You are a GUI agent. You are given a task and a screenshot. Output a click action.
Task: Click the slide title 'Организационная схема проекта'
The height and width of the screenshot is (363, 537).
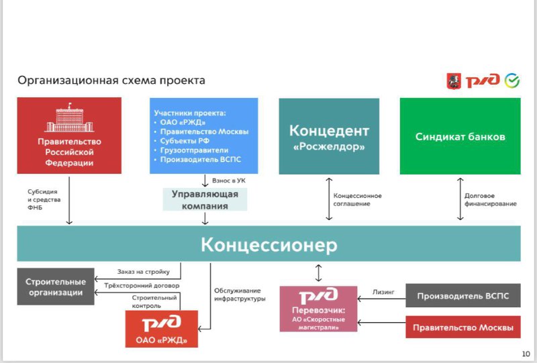(x=111, y=81)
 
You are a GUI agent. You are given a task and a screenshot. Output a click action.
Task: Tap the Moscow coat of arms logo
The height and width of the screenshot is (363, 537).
(x=454, y=81)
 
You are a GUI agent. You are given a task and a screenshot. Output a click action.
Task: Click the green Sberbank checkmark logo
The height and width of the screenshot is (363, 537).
(x=512, y=81)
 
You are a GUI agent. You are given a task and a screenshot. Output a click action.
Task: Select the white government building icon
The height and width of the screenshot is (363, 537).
(x=69, y=117)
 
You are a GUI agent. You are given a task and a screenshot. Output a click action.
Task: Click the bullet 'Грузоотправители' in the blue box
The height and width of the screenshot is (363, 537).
(x=194, y=150)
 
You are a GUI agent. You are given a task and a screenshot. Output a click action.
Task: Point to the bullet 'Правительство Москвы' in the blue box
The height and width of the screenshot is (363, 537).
(x=204, y=132)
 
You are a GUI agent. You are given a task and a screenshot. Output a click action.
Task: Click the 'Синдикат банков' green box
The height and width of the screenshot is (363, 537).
(x=460, y=136)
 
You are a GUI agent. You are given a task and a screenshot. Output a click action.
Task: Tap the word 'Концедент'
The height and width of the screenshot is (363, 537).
(x=329, y=130)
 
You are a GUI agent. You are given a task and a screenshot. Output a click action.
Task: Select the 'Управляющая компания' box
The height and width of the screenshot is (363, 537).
(x=205, y=200)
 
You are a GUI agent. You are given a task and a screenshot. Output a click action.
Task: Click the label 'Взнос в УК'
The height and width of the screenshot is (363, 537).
(x=229, y=180)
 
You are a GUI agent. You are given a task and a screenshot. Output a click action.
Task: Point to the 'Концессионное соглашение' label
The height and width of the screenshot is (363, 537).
(x=357, y=200)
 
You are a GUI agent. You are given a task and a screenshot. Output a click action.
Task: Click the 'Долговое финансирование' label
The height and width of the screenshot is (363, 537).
(x=490, y=200)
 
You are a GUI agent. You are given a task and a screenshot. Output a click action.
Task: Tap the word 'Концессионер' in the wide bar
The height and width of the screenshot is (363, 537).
(x=269, y=244)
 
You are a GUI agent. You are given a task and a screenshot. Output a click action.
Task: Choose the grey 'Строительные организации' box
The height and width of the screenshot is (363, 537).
(x=56, y=287)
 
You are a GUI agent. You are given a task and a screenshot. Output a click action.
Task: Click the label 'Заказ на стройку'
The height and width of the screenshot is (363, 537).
(x=144, y=272)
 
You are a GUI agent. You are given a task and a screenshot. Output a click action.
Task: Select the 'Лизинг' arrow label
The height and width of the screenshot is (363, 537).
(x=383, y=292)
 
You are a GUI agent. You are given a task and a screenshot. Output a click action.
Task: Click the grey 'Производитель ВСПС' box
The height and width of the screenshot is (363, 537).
(x=463, y=295)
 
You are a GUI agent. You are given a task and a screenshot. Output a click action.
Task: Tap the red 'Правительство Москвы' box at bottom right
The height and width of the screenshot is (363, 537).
(x=463, y=327)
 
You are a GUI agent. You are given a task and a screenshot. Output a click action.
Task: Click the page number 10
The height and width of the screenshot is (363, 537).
(x=526, y=354)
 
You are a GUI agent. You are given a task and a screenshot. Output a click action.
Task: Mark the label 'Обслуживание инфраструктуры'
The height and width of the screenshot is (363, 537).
(x=240, y=295)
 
